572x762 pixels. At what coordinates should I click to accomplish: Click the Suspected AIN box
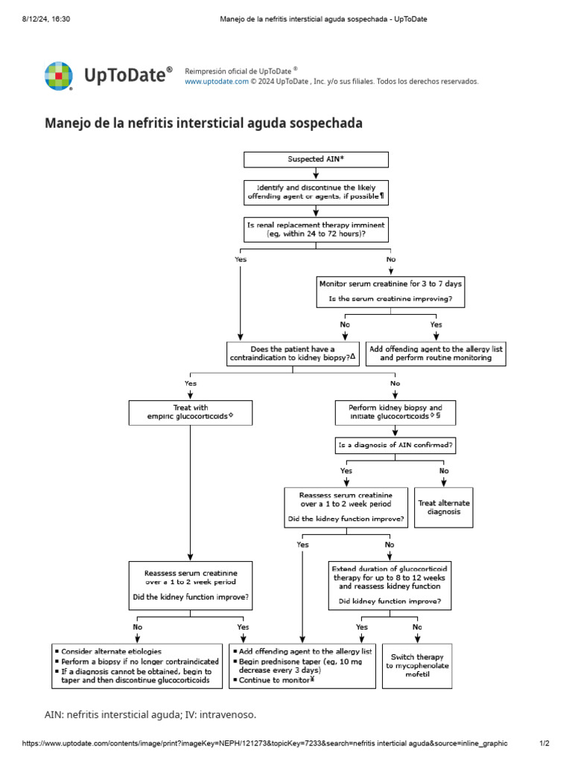point(316,159)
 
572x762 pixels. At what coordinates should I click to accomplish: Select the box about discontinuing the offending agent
point(316,192)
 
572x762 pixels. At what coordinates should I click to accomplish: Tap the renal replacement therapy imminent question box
point(316,228)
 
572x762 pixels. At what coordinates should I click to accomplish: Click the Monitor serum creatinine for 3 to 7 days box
point(390,292)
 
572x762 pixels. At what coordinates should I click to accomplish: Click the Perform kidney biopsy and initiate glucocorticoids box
point(395,413)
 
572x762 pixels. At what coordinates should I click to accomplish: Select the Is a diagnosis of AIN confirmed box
point(395,446)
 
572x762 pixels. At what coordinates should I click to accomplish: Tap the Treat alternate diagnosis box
point(443,508)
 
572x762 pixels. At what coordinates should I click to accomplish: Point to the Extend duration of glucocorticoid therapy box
point(390,586)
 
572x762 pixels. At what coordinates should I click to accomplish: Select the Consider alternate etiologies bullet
point(112,651)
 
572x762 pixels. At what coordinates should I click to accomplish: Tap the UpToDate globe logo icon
point(59,76)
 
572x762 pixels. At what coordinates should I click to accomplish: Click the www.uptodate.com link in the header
point(216,82)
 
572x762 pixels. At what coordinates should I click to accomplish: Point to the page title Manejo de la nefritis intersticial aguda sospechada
point(204,123)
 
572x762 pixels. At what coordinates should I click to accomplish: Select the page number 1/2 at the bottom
point(544,743)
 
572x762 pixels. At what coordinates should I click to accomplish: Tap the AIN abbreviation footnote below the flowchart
point(150,714)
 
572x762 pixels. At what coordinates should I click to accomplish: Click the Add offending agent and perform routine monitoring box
point(436,353)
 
